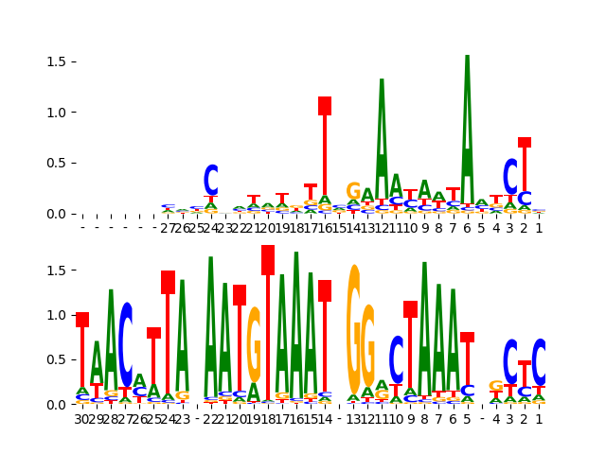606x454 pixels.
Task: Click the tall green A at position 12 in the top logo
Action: pyautogui.click(x=382, y=123)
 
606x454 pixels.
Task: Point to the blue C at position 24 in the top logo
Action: pyautogui.click(x=211, y=180)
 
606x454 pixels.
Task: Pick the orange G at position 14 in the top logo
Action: pyautogui.click(x=353, y=191)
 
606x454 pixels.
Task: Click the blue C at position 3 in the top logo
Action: pyautogui.click(x=510, y=176)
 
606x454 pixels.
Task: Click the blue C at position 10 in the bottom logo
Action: pyautogui.click(x=397, y=358)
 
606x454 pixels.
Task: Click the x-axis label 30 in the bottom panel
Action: pyautogui.click(x=82, y=419)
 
